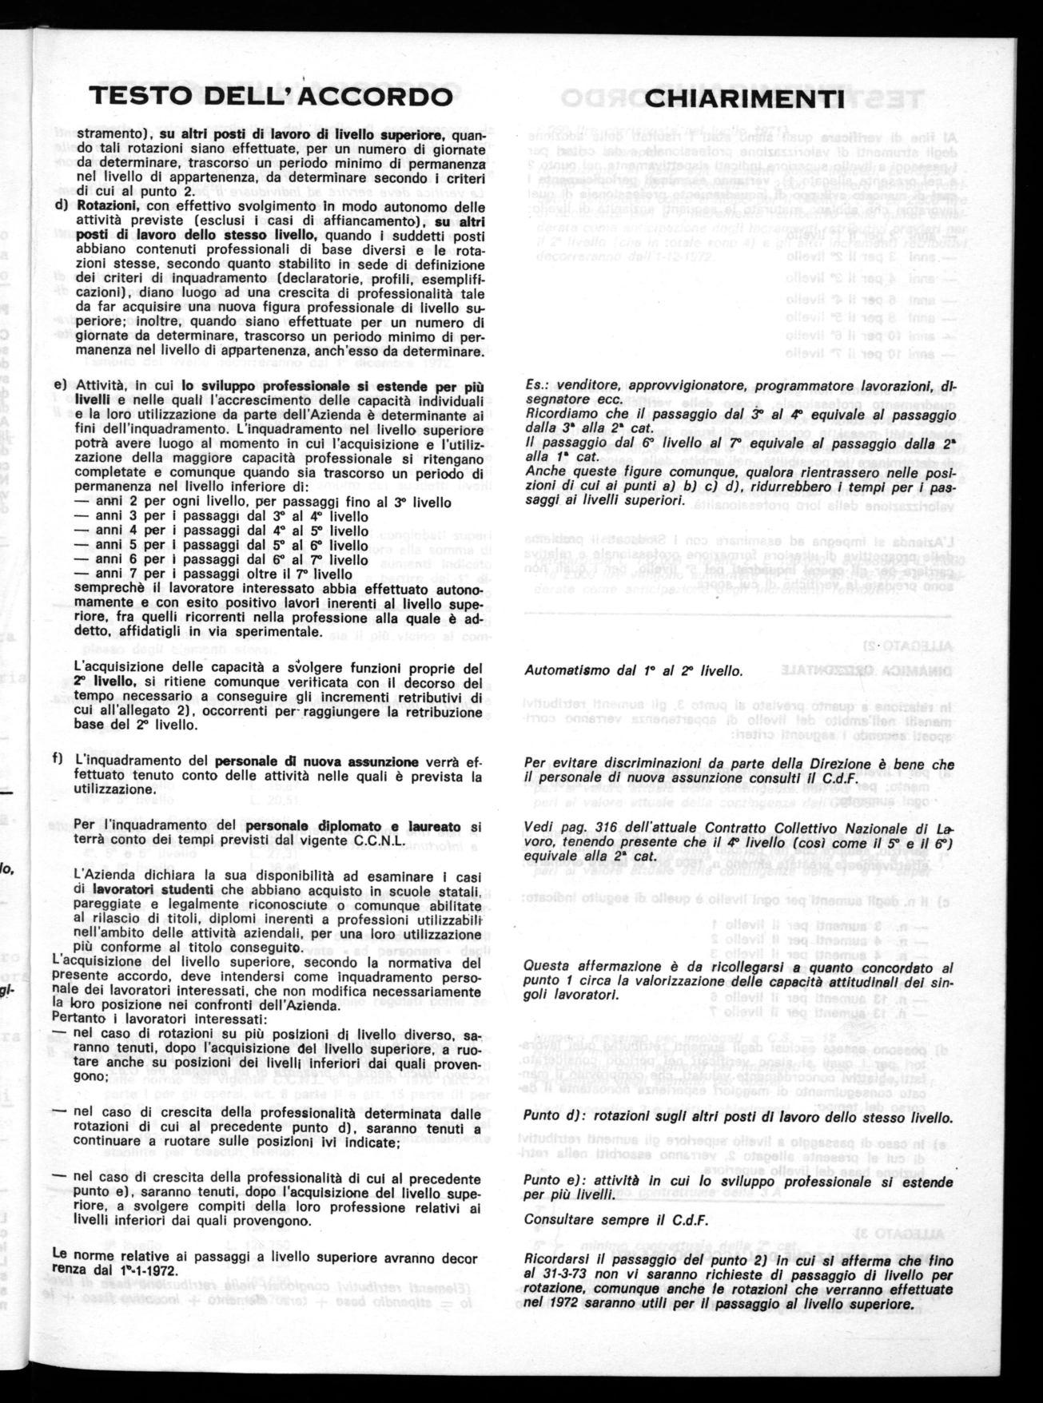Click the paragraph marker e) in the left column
(x=59, y=386)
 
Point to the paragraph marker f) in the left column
(x=58, y=758)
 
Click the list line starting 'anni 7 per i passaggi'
(x=213, y=574)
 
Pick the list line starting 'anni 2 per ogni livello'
(x=263, y=503)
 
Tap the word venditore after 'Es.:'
(x=584, y=386)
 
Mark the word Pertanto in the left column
(x=76, y=1018)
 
